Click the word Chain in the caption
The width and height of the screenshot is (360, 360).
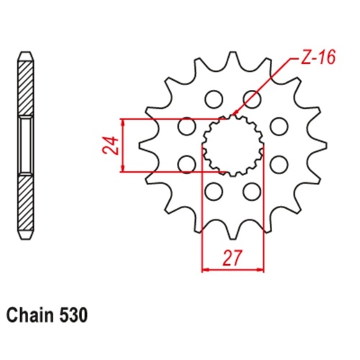tap(28, 315)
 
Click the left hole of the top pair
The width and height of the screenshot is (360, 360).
tap(214, 97)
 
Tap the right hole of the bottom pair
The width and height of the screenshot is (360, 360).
tap(251, 192)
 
